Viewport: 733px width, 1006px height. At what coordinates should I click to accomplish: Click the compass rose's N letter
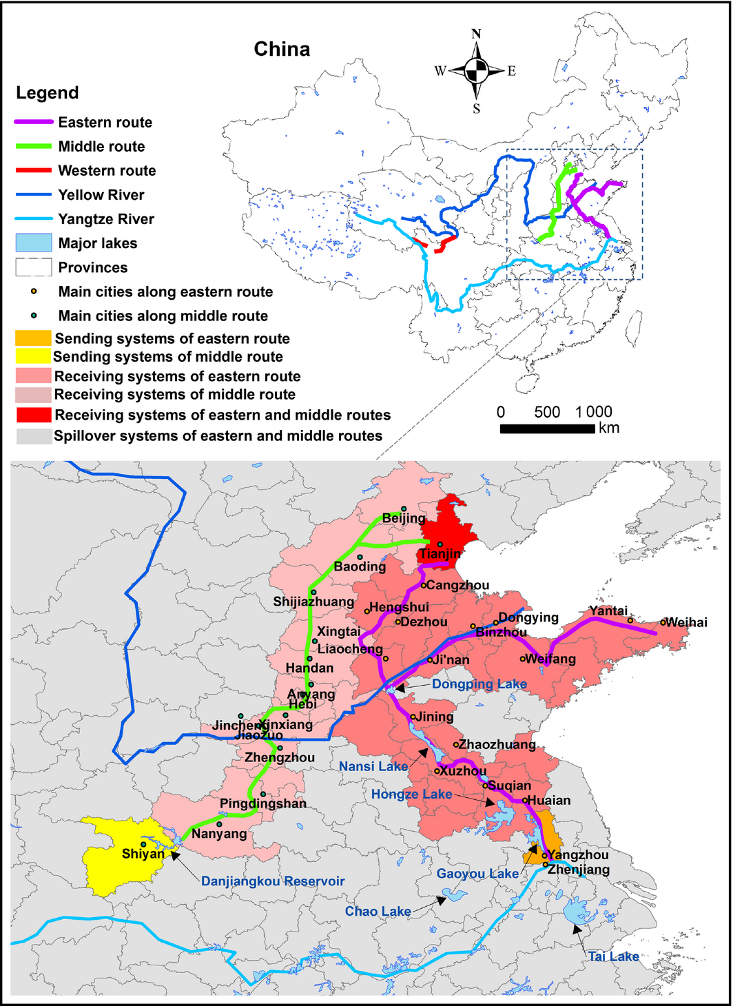tap(476, 34)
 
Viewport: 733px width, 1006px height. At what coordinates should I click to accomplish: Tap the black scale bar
tap(547, 429)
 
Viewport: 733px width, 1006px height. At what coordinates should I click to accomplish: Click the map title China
tap(282, 50)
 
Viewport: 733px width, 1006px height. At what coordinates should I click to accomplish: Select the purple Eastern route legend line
tap(34, 122)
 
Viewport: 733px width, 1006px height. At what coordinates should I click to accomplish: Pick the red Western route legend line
tap(34, 170)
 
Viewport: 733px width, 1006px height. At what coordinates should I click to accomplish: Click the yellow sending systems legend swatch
tap(34, 356)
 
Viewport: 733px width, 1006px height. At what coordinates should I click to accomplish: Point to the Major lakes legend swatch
tap(34, 243)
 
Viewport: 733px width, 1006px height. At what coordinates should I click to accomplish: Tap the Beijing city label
tap(404, 518)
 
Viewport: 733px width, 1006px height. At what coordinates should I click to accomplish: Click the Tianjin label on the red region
tap(441, 554)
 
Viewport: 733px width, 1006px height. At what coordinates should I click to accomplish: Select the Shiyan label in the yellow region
tap(143, 854)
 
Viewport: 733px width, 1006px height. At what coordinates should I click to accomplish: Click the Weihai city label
tap(686, 622)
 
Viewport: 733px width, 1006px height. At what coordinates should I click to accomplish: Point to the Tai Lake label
tap(613, 956)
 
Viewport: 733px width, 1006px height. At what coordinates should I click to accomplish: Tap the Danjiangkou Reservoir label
tap(273, 881)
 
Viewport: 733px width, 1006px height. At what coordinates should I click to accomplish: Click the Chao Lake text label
tap(378, 912)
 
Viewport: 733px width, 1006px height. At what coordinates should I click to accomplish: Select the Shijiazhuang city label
tap(313, 602)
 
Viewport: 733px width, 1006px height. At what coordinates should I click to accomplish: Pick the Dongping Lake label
tap(479, 684)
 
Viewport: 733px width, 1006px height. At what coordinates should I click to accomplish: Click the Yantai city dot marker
tap(630, 620)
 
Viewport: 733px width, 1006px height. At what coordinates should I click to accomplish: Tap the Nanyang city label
tap(219, 834)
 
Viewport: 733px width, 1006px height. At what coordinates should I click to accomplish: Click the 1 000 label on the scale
tap(594, 412)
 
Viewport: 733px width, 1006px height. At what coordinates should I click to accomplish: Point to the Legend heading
tap(48, 93)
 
